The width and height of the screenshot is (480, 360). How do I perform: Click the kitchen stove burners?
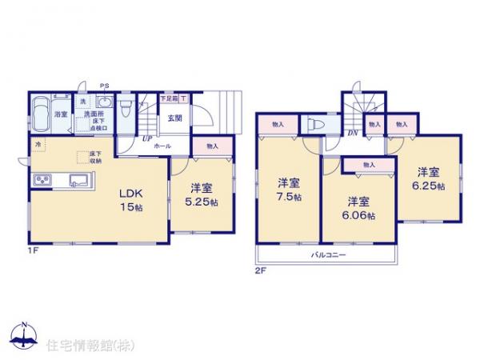tap(42, 179)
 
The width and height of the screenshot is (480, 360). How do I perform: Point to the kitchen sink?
tap(78, 179)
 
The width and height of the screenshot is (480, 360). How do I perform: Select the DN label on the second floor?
tap(352, 134)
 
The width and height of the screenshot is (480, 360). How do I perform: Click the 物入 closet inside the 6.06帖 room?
tap(368, 165)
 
